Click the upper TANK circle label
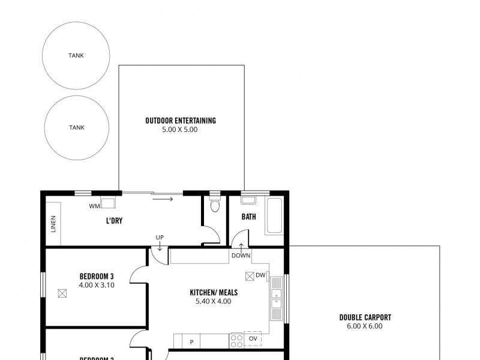click(76, 55)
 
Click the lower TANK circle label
click(76, 127)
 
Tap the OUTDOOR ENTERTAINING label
click(181, 121)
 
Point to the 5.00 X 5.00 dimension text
click(180, 130)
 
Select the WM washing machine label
click(94, 206)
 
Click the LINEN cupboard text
click(53, 222)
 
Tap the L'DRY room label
click(114, 221)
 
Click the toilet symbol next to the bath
click(215, 206)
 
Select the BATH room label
click(249, 217)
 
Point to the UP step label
click(160, 238)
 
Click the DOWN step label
click(241, 256)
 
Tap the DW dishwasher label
click(260, 275)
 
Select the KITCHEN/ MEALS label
click(214, 293)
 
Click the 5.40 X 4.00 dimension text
click(213, 301)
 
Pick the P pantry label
click(191, 342)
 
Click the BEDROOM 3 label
click(97, 277)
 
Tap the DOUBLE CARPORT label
click(365, 318)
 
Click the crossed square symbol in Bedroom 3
click(62, 293)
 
